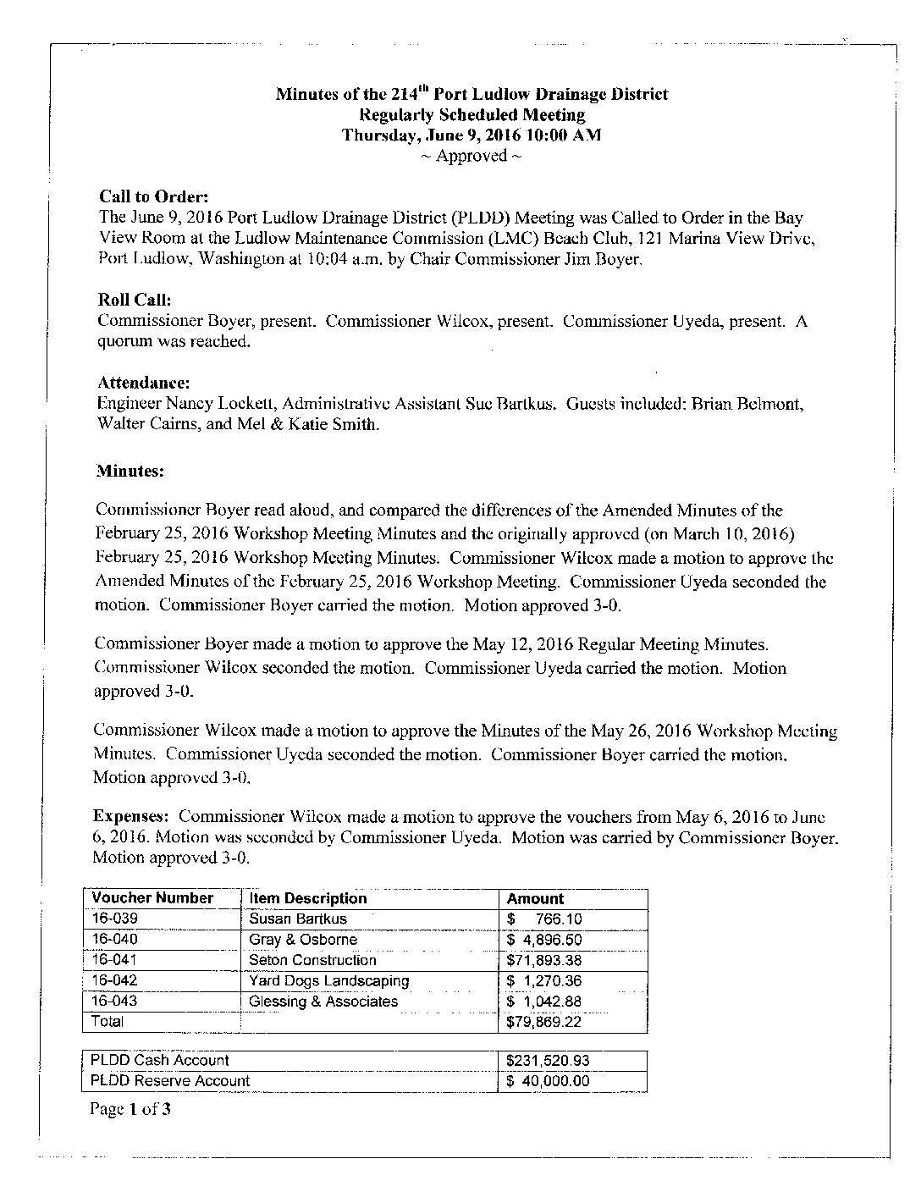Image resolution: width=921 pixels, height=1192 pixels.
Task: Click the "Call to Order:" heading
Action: [x=148, y=197]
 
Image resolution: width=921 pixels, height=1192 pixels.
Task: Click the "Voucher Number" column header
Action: [x=152, y=898]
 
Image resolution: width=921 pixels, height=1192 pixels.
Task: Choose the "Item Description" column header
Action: [x=308, y=898]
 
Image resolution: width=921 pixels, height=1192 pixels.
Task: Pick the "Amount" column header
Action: [x=534, y=898]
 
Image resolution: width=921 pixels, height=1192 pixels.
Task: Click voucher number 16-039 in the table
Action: [x=114, y=919]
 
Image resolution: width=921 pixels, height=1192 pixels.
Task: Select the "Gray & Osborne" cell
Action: [x=303, y=940]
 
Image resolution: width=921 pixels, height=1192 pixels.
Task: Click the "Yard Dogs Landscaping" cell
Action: [x=328, y=980]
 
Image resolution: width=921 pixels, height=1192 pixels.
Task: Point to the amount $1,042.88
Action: [x=544, y=1002]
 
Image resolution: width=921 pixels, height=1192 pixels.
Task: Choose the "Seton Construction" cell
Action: [x=312, y=960]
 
